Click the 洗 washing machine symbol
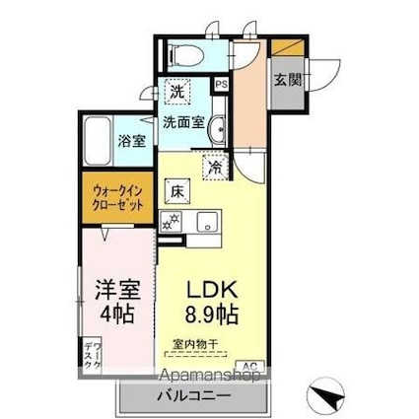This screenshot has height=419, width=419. point(177,91)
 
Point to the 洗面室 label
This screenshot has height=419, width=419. point(183,123)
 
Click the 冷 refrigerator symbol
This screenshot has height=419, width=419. point(216,168)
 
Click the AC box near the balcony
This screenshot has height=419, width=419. point(249,364)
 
